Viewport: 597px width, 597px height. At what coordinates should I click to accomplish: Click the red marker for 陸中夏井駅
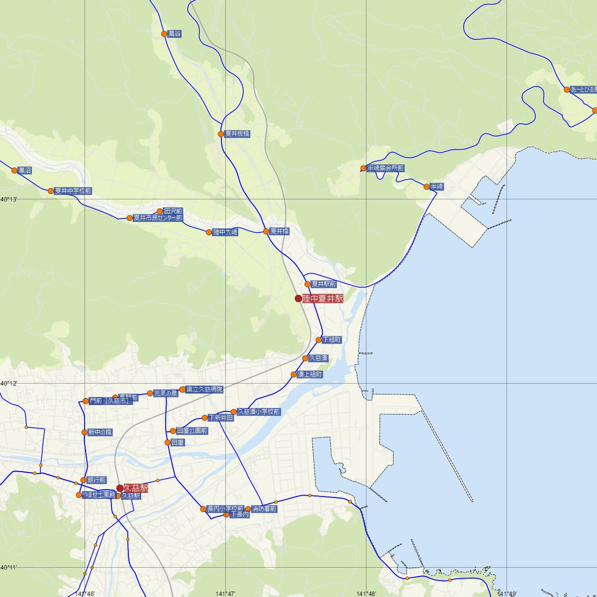(298, 298)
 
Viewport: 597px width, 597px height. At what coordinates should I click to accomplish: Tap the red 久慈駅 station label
(136, 488)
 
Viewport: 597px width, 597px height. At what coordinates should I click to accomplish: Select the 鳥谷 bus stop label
(175, 34)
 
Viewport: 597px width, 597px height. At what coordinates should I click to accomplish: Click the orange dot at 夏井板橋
(221, 134)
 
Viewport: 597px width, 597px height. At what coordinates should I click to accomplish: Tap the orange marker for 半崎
(426, 187)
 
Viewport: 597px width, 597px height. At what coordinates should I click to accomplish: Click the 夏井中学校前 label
(73, 191)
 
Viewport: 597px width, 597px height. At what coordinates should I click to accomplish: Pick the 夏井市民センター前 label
(158, 218)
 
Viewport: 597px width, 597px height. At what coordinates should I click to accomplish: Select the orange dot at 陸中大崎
(209, 232)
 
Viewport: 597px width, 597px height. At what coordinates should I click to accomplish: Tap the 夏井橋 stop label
(279, 231)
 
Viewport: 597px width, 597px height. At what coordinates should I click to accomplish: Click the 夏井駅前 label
(323, 284)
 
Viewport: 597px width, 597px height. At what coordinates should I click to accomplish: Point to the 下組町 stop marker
(319, 340)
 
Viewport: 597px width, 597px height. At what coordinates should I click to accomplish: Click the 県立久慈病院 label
(204, 389)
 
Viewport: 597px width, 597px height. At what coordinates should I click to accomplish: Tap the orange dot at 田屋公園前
(173, 431)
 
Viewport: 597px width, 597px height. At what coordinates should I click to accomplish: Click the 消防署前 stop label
(264, 508)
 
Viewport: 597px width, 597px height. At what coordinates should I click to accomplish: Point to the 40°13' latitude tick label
(9, 199)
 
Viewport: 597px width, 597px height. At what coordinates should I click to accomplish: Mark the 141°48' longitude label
(366, 594)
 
